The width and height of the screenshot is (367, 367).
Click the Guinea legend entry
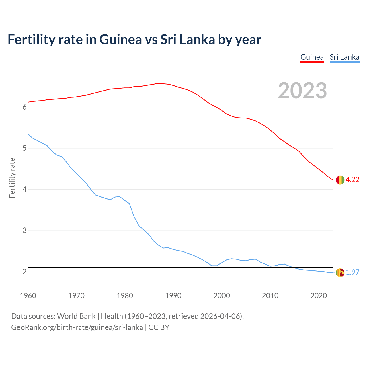(x=312, y=57)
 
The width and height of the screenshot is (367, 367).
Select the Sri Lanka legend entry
(x=344, y=57)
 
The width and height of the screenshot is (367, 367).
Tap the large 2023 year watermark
(x=302, y=91)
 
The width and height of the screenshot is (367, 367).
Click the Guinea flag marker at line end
(x=340, y=180)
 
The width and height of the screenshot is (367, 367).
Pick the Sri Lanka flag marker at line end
(x=340, y=272)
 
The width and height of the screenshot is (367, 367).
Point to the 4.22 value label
(x=352, y=180)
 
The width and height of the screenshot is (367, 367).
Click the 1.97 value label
(x=352, y=272)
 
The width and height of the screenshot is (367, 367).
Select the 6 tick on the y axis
(x=24, y=107)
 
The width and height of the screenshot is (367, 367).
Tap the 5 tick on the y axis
(x=24, y=148)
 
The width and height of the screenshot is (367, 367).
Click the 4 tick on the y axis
(x=24, y=189)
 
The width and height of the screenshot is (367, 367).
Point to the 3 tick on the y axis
(x=24, y=231)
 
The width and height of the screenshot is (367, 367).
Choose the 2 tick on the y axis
(x=24, y=272)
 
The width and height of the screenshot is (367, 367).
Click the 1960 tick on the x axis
(x=28, y=296)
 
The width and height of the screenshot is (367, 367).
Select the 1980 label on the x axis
(x=125, y=296)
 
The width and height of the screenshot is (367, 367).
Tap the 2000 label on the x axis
(x=222, y=296)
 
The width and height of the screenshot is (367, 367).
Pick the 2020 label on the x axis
(x=319, y=296)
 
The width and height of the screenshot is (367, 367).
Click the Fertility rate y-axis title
(x=12, y=178)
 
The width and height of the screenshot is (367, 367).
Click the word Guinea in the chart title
(x=120, y=40)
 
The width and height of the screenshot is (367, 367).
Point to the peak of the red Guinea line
(x=159, y=83)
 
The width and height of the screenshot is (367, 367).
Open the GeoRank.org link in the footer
(x=77, y=327)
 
